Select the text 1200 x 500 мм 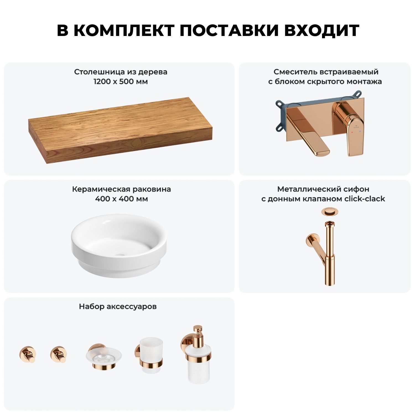121,82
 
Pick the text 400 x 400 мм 121,199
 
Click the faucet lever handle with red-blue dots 355,130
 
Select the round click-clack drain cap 328,212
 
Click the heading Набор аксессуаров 118,307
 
